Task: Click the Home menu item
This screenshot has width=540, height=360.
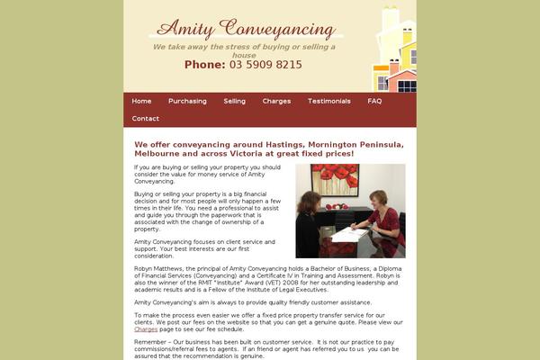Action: point(141,101)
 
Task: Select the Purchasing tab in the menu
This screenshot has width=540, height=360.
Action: point(187,101)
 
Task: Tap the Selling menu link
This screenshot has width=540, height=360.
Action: point(234,101)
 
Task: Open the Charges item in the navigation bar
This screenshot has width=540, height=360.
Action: point(276,101)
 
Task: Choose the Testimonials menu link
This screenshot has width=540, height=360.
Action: point(328,101)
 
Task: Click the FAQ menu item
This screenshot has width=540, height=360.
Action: point(374,101)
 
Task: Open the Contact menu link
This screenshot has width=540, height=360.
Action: point(145,119)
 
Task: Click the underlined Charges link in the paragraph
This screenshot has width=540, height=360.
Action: point(146,328)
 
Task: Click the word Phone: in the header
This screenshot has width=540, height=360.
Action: point(204,65)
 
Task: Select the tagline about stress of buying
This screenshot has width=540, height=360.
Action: point(244,49)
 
